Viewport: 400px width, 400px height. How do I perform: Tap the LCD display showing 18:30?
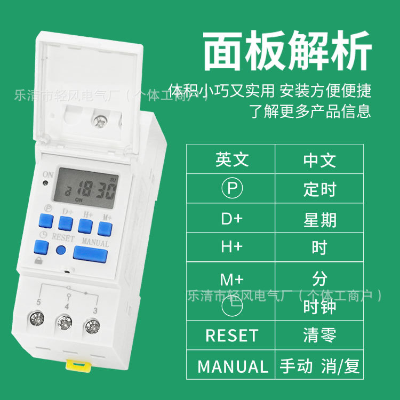pyautogui.click(x=88, y=187)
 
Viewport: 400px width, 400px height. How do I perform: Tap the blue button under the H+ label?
pyautogui.click(x=86, y=225)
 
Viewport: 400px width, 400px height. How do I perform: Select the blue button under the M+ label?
pyautogui.click(x=105, y=228)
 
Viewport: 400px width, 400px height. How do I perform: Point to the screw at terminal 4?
pyautogui.click(x=64, y=322)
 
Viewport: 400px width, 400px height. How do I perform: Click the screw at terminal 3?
pyautogui.click(x=92, y=324)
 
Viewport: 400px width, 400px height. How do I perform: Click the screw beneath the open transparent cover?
pyautogui.click(x=100, y=122)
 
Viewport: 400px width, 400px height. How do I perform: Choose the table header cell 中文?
pyautogui.click(x=319, y=159)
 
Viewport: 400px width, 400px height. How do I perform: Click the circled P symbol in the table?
pyautogui.click(x=231, y=188)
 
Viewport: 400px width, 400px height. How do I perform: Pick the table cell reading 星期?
pyautogui.click(x=319, y=219)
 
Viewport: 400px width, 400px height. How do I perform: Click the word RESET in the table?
pyautogui.click(x=231, y=335)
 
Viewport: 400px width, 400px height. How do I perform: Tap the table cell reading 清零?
pyautogui.click(x=319, y=335)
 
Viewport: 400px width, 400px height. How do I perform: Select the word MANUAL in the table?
pyautogui.click(x=233, y=366)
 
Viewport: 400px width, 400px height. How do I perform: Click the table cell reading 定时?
pyautogui.click(x=319, y=189)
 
